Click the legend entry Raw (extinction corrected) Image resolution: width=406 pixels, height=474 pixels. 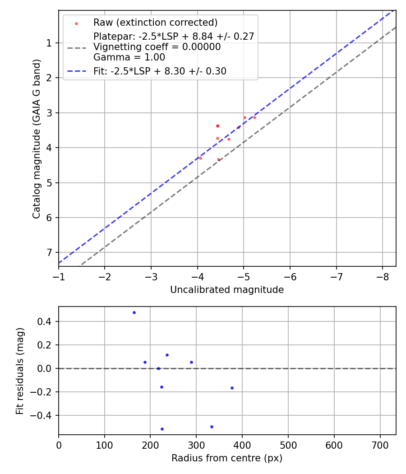(x=155, y=23)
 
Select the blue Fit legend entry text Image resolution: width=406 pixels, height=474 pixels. (x=160, y=71)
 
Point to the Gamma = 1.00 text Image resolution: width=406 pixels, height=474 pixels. (x=129, y=57)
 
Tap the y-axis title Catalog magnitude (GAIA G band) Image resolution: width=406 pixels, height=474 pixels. (x=37, y=139)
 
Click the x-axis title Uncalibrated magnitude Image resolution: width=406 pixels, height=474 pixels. (x=227, y=290)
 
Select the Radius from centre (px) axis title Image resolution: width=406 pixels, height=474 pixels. (x=227, y=458)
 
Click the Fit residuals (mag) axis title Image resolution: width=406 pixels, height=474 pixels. (x=20, y=371)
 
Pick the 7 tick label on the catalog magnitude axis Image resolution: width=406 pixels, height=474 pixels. (x=49, y=252)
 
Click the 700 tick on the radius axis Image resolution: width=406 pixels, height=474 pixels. (x=380, y=445)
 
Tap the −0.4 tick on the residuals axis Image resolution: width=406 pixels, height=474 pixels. (x=44, y=415)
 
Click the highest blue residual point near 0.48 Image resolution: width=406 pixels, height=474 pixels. (x=134, y=312)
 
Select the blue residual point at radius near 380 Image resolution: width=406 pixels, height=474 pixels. (x=232, y=388)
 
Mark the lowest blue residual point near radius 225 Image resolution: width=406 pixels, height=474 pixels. (x=162, y=429)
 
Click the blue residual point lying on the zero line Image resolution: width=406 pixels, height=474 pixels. (x=158, y=368)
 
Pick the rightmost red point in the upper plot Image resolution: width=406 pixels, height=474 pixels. (x=254, y=117)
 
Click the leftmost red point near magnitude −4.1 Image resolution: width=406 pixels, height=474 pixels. (x=200, y=158)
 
